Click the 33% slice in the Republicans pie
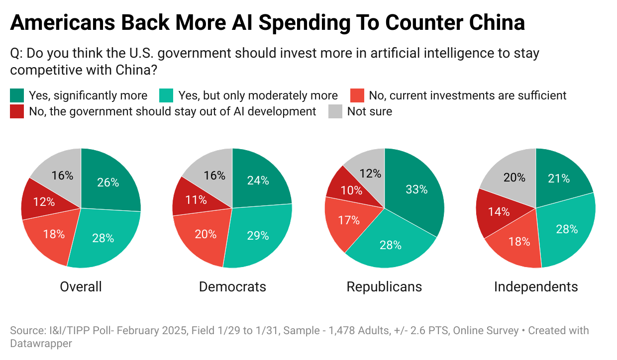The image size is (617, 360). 415,190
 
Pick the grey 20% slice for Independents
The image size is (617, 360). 514,178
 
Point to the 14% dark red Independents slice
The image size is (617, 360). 499,211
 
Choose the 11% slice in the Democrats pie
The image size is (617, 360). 196,200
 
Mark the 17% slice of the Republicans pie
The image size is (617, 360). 349,220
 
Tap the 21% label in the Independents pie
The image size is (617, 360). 559,179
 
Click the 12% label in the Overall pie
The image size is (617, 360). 44,202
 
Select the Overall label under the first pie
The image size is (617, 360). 81,287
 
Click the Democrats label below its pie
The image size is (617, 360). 232,287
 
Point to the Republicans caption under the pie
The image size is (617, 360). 384,287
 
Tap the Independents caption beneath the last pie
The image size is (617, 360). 536,287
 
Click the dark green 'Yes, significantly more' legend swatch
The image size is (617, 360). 16,95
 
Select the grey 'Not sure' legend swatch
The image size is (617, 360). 335,111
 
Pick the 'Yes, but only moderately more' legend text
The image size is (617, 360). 258,95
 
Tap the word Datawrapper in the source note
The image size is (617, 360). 41,344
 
